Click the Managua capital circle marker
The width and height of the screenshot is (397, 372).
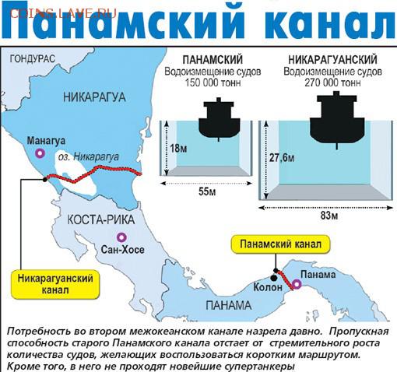40,153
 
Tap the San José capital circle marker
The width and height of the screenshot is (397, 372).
121,237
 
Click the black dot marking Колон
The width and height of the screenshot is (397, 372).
273,278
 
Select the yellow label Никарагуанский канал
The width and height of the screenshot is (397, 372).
55,284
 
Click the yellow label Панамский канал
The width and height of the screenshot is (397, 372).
280,244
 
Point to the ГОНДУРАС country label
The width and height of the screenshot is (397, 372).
33,59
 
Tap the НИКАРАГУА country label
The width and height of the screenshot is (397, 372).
94,97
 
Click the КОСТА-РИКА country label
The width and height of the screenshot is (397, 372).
101,220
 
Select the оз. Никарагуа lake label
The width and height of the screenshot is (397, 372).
89,157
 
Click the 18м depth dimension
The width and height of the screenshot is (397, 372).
178,149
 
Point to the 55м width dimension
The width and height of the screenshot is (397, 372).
207,192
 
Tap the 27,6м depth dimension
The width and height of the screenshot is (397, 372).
282,157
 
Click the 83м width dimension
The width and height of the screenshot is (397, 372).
329,216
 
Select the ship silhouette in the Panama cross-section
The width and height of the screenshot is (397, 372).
219,120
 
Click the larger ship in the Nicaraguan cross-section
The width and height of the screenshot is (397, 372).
337,120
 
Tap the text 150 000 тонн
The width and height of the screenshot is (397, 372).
213,83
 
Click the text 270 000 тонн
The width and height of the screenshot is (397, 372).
332,83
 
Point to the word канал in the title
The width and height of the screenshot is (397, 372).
330,20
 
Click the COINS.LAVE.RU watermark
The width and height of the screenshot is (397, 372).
63,13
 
